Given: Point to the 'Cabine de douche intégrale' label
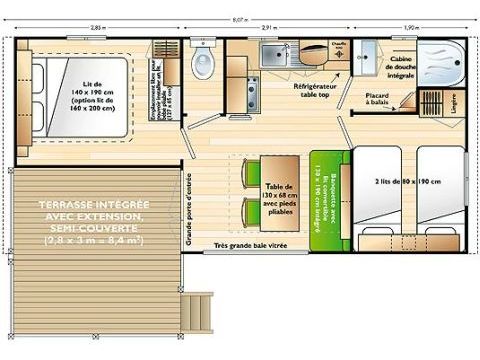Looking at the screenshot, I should click(x=403, y=67).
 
